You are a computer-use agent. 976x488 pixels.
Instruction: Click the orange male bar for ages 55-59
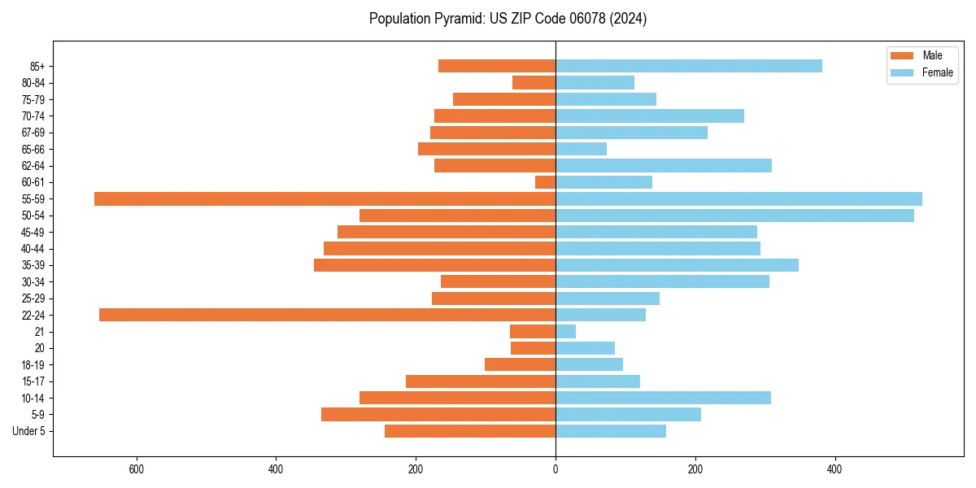325,198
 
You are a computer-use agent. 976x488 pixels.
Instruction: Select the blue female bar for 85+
688,66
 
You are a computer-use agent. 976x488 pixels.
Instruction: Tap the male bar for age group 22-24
327,315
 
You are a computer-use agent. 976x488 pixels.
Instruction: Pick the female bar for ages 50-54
734,216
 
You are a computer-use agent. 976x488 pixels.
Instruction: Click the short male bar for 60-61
546,182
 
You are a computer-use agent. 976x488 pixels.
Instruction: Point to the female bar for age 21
565,331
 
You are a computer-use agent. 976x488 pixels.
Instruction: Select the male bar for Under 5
470,431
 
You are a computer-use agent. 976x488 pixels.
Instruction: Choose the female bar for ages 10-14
663,398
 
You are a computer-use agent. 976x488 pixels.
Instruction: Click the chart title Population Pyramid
508,19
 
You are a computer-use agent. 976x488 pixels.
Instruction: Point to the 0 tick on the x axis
556,469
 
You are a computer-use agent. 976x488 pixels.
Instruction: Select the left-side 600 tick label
137,469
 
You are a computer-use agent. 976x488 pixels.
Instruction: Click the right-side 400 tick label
834,469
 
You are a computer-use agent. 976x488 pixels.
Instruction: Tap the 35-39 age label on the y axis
33,265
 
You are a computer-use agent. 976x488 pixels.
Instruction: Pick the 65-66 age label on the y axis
33,149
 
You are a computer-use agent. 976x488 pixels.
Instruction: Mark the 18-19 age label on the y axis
33,364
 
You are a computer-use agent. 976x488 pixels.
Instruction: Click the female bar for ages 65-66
581,149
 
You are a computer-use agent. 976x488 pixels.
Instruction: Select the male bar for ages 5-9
438,414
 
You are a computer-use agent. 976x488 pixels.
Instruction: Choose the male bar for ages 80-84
534,82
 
